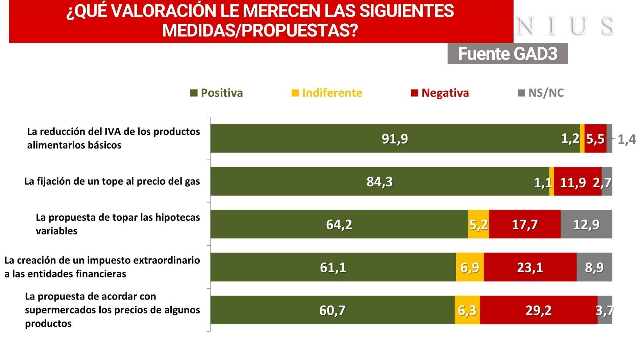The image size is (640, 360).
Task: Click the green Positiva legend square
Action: click(x=194, y=93)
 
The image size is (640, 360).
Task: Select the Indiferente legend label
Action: click(x=332, y=93)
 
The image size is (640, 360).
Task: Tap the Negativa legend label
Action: click(x=445, y=93)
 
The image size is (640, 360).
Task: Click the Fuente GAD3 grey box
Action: click(x=507, y=54)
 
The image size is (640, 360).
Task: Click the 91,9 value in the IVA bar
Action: click(x=395, y=139)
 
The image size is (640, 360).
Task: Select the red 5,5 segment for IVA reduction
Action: click(x=595, y=139)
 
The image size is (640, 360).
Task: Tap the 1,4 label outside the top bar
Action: click(x=626, y=139)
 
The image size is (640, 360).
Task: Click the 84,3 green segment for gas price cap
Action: click(x=379, y=182)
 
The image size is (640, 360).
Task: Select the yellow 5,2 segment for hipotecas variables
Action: click(x=478, y=224)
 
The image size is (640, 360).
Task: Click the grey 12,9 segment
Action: click(x=586, y=224)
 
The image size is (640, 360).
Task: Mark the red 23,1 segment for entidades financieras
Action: click(x=530, y=267)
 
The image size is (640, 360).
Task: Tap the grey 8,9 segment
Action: click(x=594, y=267)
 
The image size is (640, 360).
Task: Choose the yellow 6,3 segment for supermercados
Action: click(x=467, y=310)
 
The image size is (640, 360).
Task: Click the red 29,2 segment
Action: click(x=538, y=310)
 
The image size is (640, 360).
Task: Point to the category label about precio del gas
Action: click(x=112, y=182)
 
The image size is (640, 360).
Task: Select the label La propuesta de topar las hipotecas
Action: click(x=118, y=217)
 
